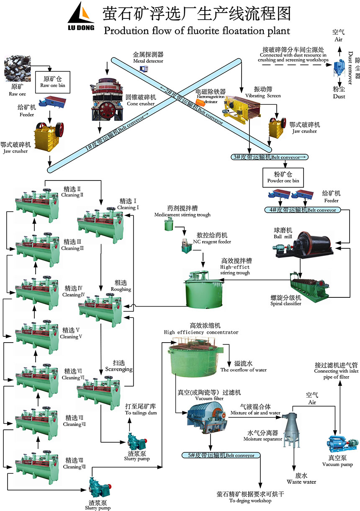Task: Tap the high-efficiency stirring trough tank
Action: (x=204, y=289)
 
